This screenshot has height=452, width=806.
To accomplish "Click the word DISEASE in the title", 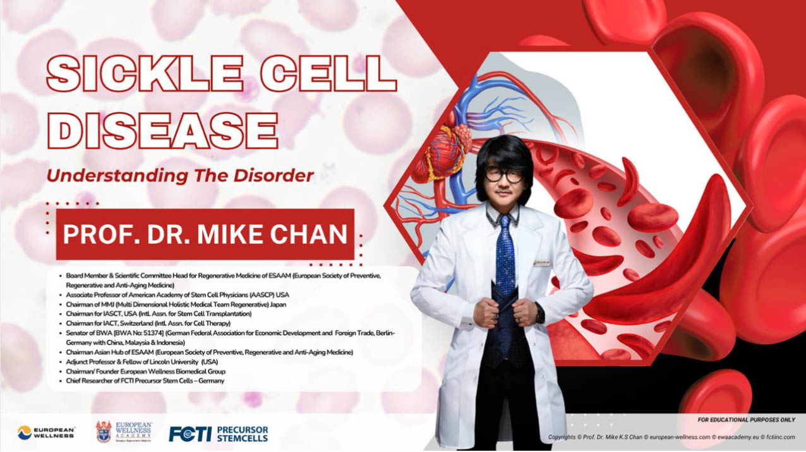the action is pyautogui.click(x=162, y=130).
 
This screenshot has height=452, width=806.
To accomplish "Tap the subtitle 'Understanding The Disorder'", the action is pyautogui.click(x=180, y=175).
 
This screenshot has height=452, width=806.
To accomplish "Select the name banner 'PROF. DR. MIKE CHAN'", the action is pyautogui.click(x=205, y=234).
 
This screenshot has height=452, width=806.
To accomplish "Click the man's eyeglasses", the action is pyautogui.click(x=504, y=175).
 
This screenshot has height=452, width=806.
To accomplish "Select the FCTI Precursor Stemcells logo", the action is pyautogui.click(x=219, y=434).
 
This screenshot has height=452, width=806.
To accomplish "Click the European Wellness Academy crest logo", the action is pyautogui.click(x=124, y=432).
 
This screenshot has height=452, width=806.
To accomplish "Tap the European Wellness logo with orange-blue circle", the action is pyautogui.click(x=46, y=432).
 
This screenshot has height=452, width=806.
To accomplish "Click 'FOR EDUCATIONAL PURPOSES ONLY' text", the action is pyautogui.click(x=746, y=420).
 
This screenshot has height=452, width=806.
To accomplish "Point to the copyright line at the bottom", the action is pyautogui.click(x=671, y=437).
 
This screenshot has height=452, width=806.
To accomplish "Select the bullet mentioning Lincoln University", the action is pyautogui.click(x=141, y=362).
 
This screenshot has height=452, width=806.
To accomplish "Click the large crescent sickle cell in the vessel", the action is pyautogui.click(x=647, y=259).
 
